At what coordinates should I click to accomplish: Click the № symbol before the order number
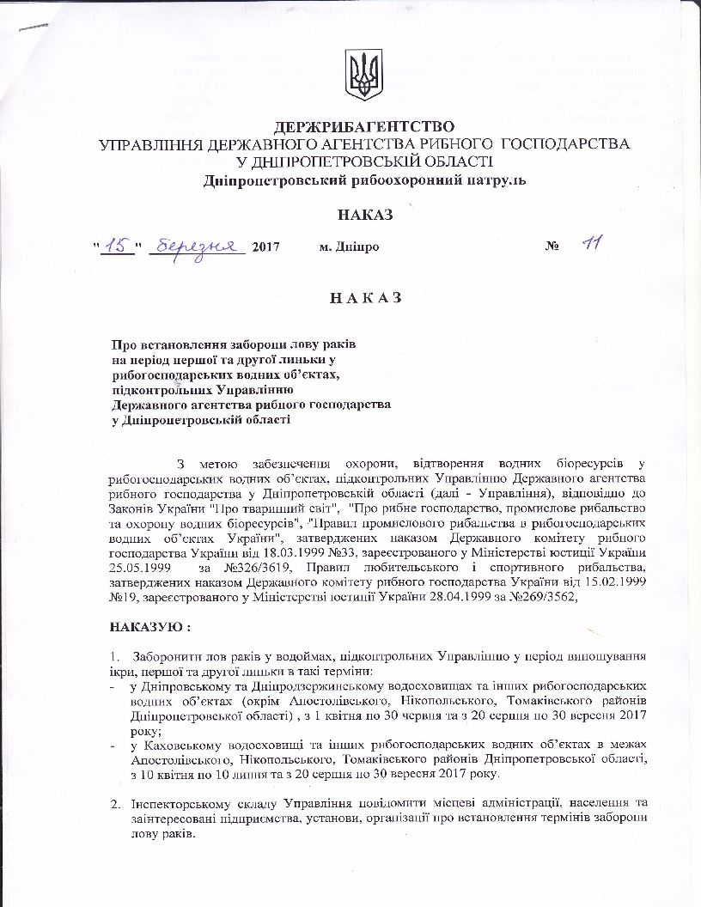(x=552, y=247)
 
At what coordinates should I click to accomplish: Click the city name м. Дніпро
(x=348, y=247)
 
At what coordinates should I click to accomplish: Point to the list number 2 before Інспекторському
(x=113, y=803)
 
